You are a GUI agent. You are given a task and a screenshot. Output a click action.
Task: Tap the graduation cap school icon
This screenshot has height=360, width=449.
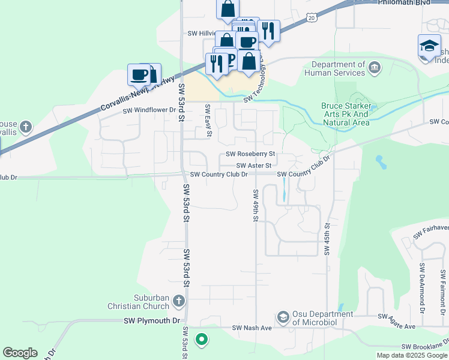click(x=429, y=46)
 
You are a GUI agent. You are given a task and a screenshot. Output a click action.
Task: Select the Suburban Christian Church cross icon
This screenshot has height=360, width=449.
click(x=178, y=300)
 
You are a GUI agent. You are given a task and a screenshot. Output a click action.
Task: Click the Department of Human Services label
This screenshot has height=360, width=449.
click(x=334, y=68)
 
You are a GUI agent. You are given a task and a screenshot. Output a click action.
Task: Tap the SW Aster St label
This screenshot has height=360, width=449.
click(x=254, y=165)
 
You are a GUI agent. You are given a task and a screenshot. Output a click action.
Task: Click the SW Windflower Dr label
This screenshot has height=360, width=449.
click(x=149, y=110)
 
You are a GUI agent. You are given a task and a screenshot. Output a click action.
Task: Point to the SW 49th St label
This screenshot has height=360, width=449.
click(x=256, y=205)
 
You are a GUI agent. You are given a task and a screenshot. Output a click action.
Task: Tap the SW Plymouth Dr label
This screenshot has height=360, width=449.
click(x=152, y=321)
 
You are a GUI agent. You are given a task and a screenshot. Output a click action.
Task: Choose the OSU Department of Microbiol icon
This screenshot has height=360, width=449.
click(x=283, y=316)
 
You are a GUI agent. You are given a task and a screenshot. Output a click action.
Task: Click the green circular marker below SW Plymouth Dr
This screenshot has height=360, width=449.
click(x=202, y=340)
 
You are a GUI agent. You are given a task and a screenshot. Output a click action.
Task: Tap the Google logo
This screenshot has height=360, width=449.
click(x=20, y=353)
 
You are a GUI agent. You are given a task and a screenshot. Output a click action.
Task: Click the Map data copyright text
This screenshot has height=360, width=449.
click(x=411, y=355)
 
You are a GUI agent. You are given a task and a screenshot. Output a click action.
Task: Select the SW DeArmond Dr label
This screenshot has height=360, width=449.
click(x=423, y=289)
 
